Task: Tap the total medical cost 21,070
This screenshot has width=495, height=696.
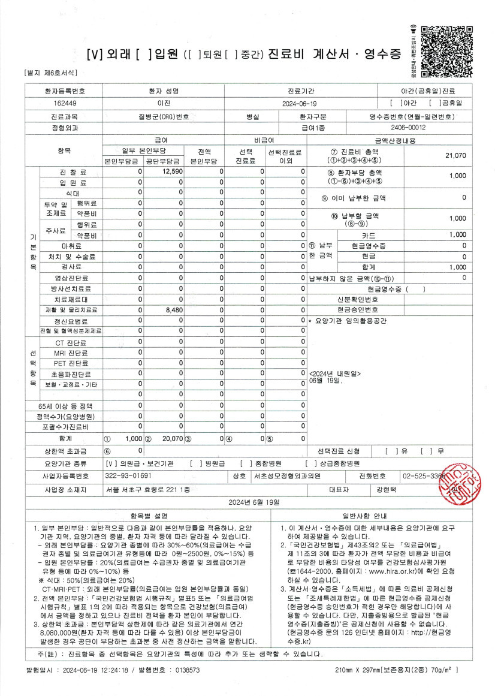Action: pyautogui.click(x=455, y=155)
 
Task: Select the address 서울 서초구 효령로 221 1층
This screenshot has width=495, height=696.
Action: pyautogui.click(x=147, y=490)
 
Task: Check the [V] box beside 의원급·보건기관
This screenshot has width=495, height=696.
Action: pyautogui.click(x=110, y=463)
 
